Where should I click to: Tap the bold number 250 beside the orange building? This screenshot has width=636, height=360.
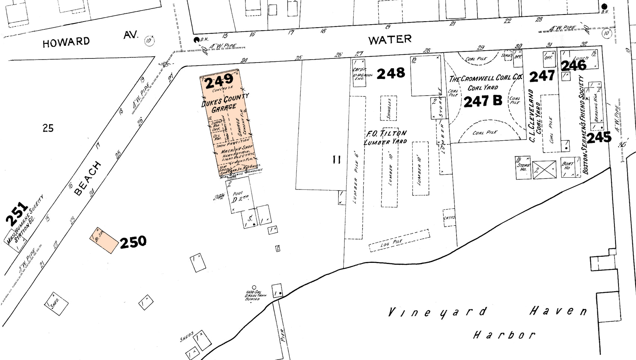[133, 242]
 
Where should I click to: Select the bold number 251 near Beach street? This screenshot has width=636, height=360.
[17, 214]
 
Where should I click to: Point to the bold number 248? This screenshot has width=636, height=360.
[391, 73]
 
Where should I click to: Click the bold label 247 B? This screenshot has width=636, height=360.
[483, 101]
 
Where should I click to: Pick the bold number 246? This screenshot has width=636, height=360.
[573, 66]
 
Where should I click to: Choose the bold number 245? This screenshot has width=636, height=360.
[599, 137]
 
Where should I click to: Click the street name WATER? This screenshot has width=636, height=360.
[390, 39]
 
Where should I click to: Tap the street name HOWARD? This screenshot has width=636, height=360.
[66, 42]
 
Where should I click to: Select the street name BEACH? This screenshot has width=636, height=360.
[88, 179]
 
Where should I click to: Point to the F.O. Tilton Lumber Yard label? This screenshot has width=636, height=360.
[385, 137]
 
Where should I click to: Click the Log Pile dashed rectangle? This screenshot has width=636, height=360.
[399, 241]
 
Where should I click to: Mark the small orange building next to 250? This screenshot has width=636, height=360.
[104, 240]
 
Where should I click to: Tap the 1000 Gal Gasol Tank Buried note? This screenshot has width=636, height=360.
[255, 295]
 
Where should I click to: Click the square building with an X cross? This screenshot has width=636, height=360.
[544, 170]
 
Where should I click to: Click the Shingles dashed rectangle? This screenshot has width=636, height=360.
[388, 108]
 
